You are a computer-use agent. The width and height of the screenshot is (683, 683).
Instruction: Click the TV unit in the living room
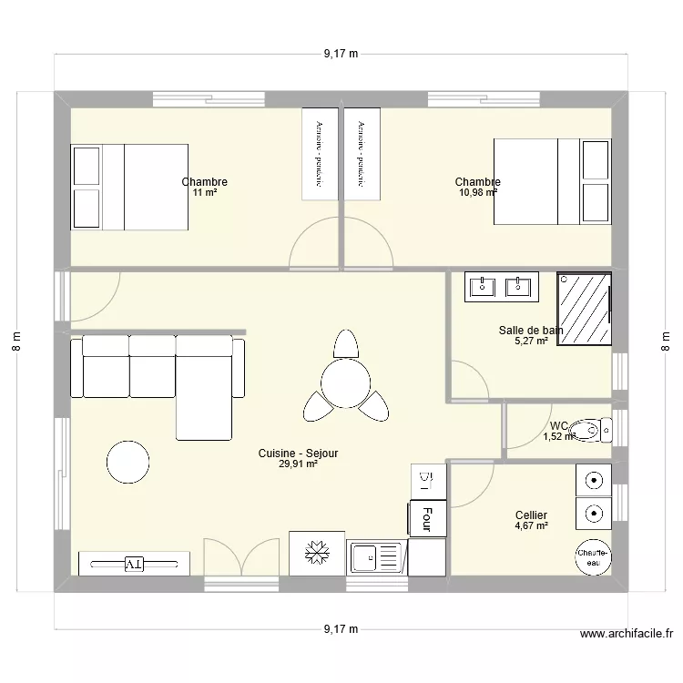[x=134, y=564]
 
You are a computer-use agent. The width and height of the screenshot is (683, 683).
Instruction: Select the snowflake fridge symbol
[x=317, y=554]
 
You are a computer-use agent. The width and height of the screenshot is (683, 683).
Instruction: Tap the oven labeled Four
[x=427, y=518]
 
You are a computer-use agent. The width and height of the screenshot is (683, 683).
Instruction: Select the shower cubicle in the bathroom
[x=584, y=309]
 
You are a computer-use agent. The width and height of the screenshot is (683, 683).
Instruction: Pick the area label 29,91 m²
[x=298, y=464]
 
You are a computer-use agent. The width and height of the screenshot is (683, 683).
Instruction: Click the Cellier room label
[x=531, y=515]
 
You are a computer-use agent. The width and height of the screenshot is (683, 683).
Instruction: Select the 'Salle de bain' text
[x=531, y=331]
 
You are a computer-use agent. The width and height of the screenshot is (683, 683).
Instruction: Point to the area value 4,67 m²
[x=531, y=526]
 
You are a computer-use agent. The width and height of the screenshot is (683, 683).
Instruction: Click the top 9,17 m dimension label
[x=341, y=54]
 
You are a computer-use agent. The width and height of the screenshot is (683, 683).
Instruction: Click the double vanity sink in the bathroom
[x=500, y=286]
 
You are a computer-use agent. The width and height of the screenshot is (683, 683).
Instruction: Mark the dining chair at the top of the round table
[x=345, y=344]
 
